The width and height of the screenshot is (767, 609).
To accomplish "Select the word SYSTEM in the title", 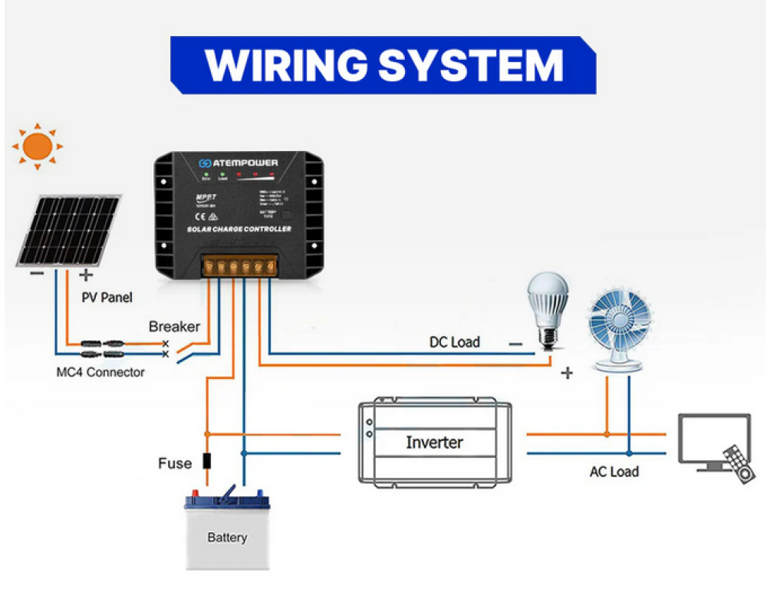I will click(471, 65).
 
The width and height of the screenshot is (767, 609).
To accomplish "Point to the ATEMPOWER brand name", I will click(245, 163).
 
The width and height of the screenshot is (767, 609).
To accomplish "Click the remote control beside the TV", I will click(739, 463).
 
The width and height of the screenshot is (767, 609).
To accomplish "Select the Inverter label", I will click(434, 443).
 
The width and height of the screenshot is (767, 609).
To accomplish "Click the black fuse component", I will click(206, 462).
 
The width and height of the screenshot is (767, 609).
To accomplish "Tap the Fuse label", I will click(175, 463).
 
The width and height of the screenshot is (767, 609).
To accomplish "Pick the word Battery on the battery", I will click(227, 538).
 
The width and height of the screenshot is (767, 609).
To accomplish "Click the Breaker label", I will click(174, 327).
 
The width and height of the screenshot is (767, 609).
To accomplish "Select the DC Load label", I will click(455, 342).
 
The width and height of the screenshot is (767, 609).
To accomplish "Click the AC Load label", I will click(614, 472).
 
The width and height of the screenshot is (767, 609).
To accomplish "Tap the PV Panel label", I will click(107, 298).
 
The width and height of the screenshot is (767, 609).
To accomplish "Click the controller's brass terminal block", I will click(238, 266).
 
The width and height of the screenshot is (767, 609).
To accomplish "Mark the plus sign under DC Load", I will click(568, 373).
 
